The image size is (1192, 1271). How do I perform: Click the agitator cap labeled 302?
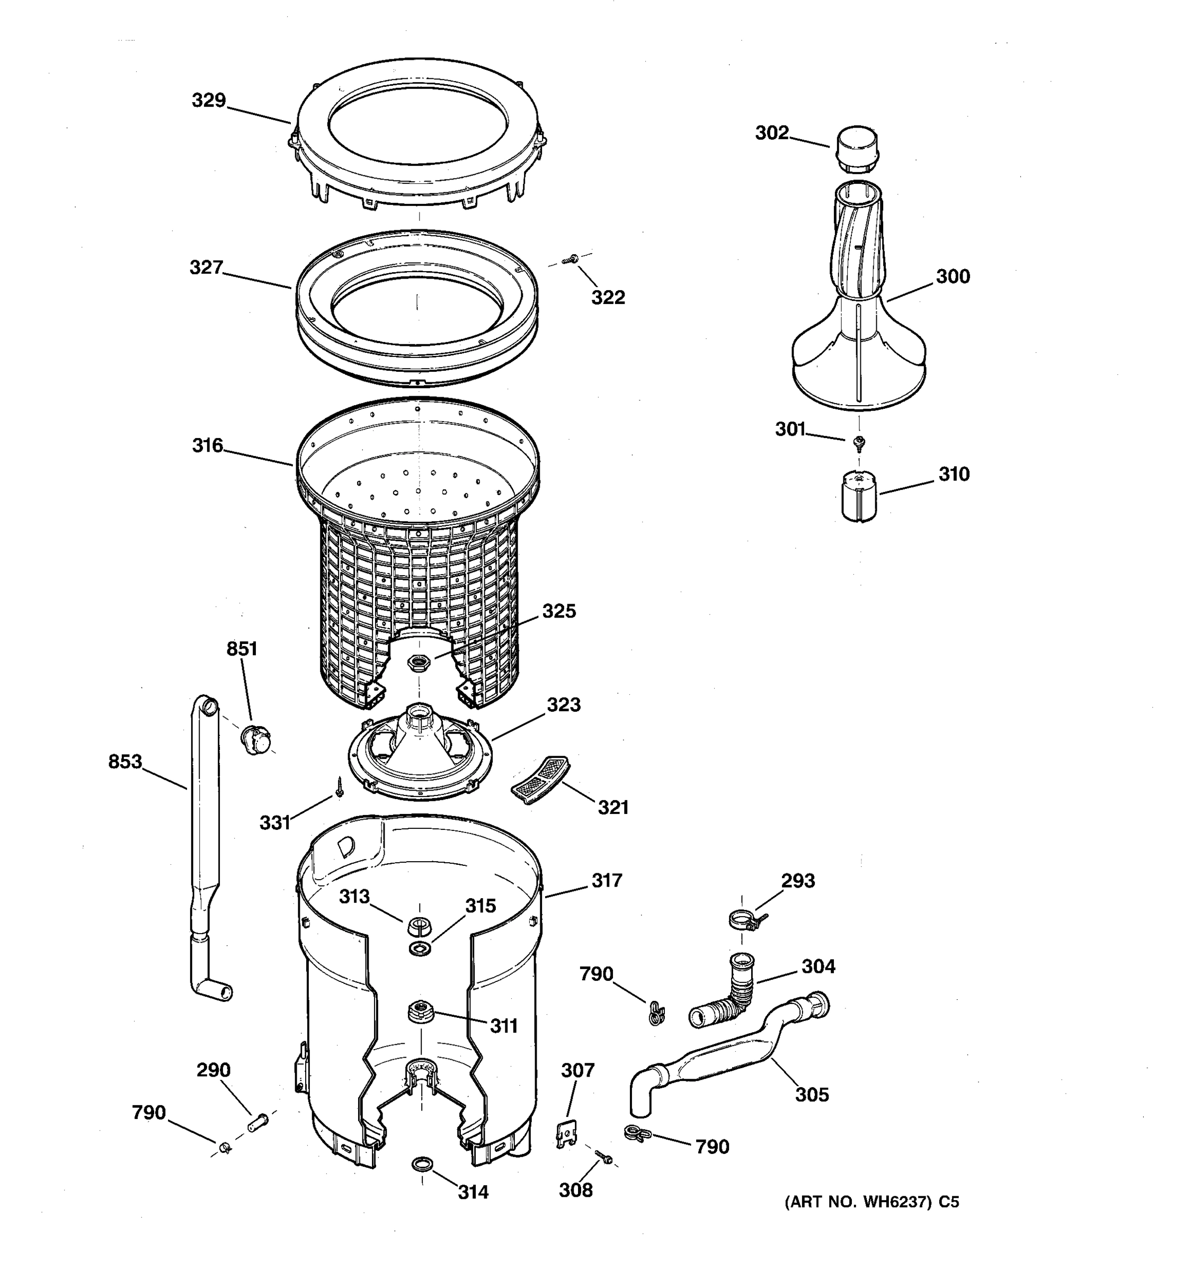(x=856, y=149)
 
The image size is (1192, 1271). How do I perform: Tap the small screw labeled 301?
(x=860, y=441)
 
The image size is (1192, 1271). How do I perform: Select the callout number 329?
(x=209, y=101)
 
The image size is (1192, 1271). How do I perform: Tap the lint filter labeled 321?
(x=541, y=780)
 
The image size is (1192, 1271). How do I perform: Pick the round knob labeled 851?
(x=256, y=740)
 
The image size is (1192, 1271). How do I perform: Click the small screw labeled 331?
(x=340, y=787)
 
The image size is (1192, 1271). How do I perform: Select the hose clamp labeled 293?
(x=745, y=920)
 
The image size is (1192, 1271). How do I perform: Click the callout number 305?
(x=812, y=1094)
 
